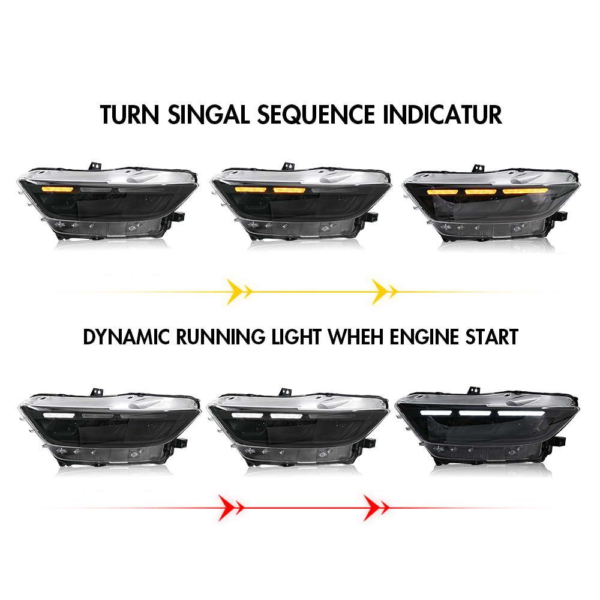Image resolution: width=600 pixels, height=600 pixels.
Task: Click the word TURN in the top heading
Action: [130, 115]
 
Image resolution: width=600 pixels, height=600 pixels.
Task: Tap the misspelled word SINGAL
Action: [209, 115]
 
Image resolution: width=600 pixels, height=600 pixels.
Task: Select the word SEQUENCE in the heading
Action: [316, 115]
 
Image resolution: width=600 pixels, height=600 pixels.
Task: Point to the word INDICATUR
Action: [442, 115]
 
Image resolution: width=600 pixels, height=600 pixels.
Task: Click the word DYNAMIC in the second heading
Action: [126, 337]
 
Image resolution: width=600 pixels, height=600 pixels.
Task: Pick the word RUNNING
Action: [220, 337]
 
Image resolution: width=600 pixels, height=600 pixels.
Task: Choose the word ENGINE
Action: [424, 337]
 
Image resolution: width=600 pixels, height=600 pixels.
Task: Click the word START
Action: [492, 337]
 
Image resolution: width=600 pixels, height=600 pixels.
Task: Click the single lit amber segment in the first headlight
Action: [58, 190]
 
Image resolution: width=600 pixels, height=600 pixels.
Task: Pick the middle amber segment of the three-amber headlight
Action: [481, 191]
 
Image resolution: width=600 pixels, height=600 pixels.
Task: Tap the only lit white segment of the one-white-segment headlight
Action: [59, 415]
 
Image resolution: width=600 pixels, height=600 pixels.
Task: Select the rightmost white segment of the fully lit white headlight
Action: [521, 413]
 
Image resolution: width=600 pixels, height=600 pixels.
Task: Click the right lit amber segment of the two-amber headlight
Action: [289, 190]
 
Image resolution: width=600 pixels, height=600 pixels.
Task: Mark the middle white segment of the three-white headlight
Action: [475, 413]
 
